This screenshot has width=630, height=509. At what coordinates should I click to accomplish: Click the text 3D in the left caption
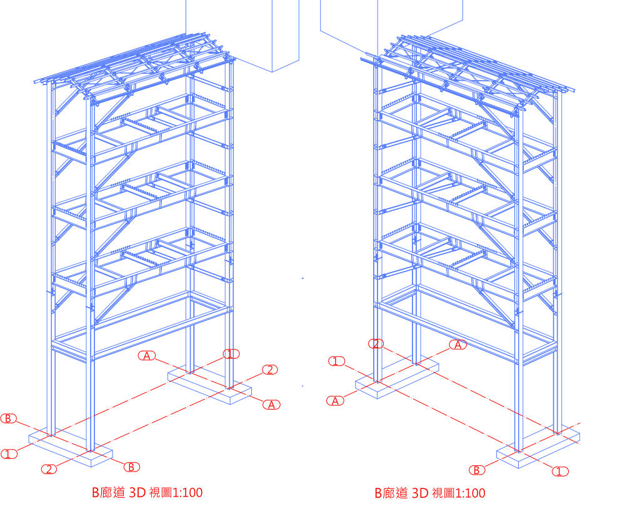[x=137, y=493]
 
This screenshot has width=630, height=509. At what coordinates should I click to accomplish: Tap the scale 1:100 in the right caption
[x=467, y=493]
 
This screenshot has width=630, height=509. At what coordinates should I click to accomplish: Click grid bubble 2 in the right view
[x=376, y=343]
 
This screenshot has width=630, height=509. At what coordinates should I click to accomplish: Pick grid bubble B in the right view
[x=477, y=470]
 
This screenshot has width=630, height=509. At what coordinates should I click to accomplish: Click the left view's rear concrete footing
[x=209, y=383]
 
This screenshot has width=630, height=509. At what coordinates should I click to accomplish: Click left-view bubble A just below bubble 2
[x=271, y=405]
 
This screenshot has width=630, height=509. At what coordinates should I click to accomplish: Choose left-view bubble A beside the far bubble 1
[x=147, y=355]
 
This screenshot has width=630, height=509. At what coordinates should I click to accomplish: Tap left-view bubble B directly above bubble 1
[x=8, y=418]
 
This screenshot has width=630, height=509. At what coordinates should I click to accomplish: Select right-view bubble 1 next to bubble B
[x=560, y=471]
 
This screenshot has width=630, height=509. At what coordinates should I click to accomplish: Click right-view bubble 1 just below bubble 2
[x=337, y=361]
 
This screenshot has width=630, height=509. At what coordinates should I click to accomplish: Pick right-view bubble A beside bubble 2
[x=459, y=345]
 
